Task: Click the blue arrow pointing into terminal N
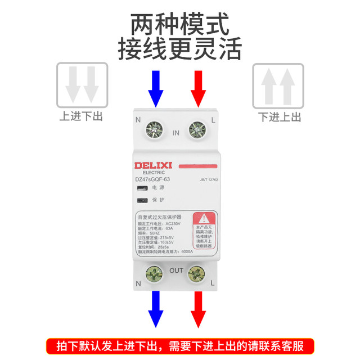pyautogui.click(x=156, y=88)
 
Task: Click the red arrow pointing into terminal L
pyautogui.click(x=197, y=88)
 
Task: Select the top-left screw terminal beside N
pyautogui.click(x=154, y=130)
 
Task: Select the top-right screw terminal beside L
pyautogui.click(x=197, y=130)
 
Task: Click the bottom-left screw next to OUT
pyautogui.click(x=154, y=274)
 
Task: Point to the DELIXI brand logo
pyautogui.click(x=156, y=165)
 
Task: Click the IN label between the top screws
pyautogui.click(x=175, y=133)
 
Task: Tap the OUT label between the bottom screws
pyautogui.click(x=175, y=271)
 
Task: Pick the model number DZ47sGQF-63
pyautogui.click(x=152, y=179)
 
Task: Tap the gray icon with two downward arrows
pyautogui.click(x=82, y=85)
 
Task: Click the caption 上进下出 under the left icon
pyautogui.click(x=82, y=116)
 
